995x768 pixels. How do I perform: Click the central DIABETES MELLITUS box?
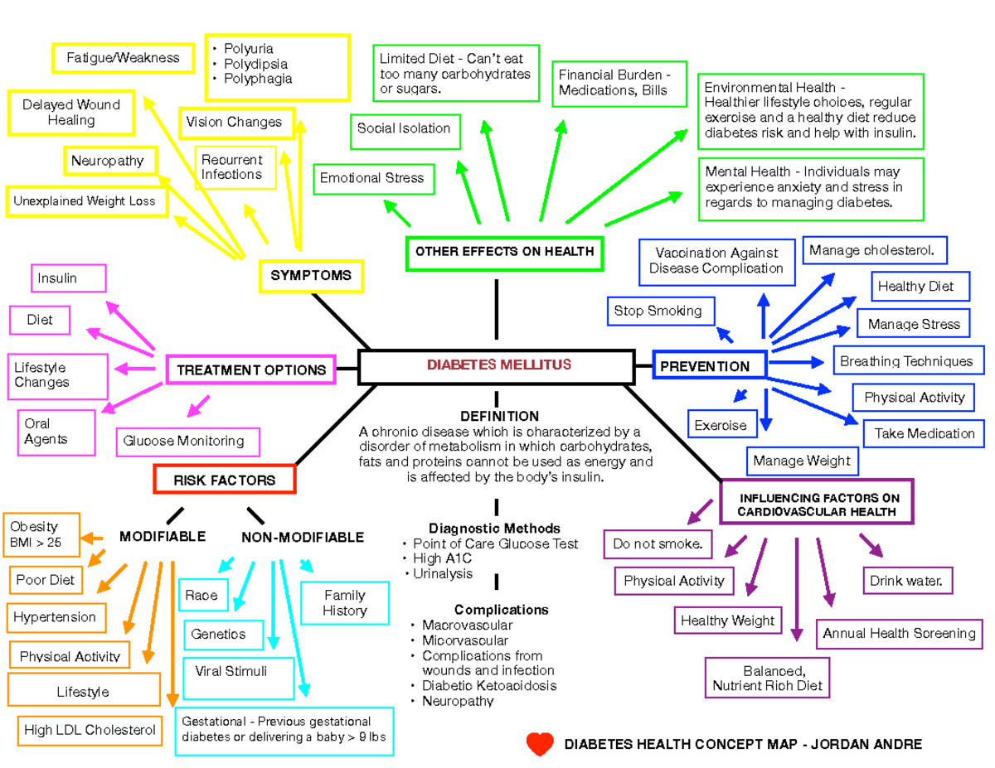tap(498, 365)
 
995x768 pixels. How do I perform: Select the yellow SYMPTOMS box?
tap(310, 275)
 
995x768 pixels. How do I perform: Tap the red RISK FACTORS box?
tap(224, 480)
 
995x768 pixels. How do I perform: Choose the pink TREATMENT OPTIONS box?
tap(251, 370)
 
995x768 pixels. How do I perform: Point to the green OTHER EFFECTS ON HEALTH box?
tap(504, 252)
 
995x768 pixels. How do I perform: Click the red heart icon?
tap(540, 744)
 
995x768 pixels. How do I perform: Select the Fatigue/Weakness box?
tap(123, 58)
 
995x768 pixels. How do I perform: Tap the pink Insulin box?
tap(70, 278)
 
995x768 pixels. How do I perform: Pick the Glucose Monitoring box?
tap(187, 442)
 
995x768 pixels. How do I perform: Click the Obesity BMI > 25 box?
tap(43, 535)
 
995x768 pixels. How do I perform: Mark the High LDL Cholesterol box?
tap(89, 730)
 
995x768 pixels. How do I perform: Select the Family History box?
tap(345, 603)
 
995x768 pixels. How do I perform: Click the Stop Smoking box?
tap(658, 312)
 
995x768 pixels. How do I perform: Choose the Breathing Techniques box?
tap(906, 361)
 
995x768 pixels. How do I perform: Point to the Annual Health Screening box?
tap(899, 634)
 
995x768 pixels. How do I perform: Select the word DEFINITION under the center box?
tap(499, 416)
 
